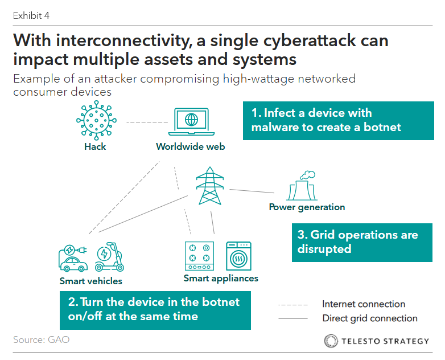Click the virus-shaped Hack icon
96,120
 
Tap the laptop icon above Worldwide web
191,122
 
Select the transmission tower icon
210,186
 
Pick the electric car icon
73,258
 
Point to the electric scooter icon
110,256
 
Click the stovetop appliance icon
199,256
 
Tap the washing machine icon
238,256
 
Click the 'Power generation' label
307,207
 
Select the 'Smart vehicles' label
91,281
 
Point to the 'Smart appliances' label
221,279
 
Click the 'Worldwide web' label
191,146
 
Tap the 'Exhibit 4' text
31,15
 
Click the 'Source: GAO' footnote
41,340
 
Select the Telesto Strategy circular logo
331,341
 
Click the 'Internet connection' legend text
364,304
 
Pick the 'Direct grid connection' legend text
370,318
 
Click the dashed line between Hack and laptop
147,122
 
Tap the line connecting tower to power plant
252,191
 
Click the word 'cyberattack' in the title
310,41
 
